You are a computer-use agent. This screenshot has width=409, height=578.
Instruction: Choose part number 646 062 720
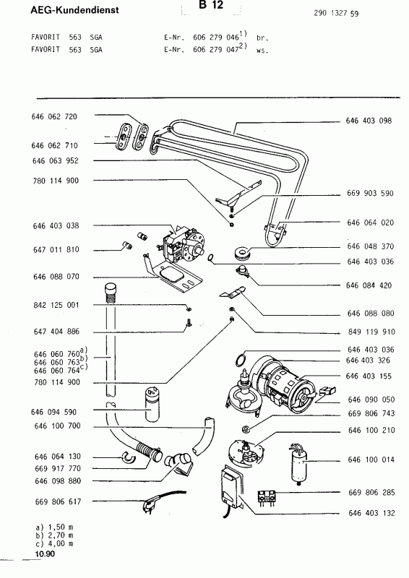(x=55, y=116)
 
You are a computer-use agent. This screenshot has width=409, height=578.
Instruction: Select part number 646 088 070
(x=55, y=277)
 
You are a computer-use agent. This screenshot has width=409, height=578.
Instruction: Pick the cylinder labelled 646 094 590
(x=150, y=405)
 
